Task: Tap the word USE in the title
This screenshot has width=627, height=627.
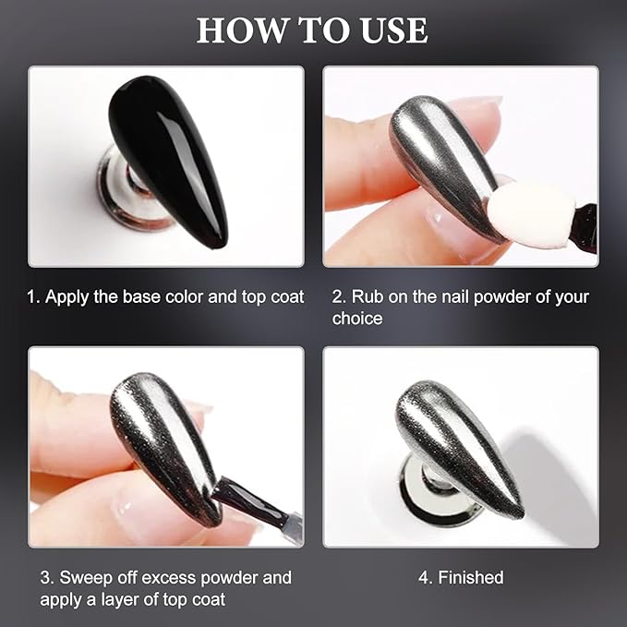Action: pos(394,30)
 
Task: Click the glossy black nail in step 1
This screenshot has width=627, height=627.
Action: pos(168,160)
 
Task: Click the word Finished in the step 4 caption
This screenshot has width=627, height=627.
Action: pos(471,577)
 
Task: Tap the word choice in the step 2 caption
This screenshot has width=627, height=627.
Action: pos(357,319)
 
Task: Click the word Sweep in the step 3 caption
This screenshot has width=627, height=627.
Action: pos(87,578)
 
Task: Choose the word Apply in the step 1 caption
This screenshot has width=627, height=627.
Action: pos(67,297)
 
